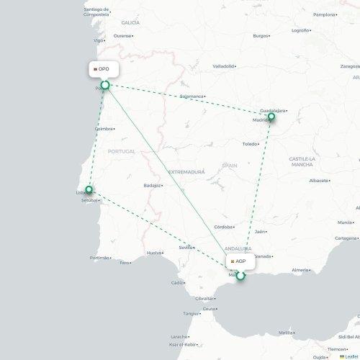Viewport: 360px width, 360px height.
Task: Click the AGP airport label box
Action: (240, 261)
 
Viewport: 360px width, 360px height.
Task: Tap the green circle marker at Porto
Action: (104, 86)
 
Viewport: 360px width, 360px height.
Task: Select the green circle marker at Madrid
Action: (271, 117)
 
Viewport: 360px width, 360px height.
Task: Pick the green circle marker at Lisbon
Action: (89, 190)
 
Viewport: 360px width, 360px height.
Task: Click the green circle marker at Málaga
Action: (240, 274)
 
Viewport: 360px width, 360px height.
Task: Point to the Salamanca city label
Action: (192, 96)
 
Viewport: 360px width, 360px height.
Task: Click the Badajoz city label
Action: (153, 185)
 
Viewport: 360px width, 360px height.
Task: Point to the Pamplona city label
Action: (324, 14)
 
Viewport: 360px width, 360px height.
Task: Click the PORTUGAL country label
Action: (120, 151)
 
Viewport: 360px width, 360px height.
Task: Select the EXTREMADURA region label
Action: (186, 172)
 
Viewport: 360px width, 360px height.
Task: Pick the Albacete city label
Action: (318, 181)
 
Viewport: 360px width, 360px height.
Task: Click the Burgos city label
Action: (260, 35)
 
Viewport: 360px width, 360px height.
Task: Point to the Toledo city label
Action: (250, 144)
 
